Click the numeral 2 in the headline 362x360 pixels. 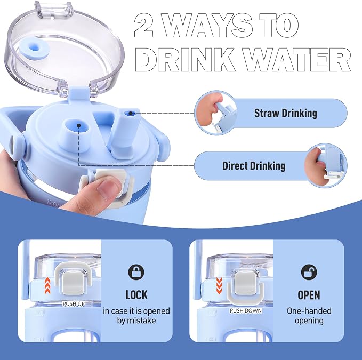[x=144, y=25]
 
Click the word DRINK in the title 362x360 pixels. [x=184, y=60]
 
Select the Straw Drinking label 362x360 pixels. [x=286, y=113]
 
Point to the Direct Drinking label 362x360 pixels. [x=254, y=166]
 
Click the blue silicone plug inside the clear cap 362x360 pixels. [x=33, y=49]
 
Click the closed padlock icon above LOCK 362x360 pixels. [x=136, y=273]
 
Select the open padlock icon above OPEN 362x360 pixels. [x=309, y=272]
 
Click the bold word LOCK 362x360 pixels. [x=136, y=295]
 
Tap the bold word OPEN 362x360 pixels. [x=309, y=295]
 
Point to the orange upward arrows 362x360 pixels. [x=47, y=286]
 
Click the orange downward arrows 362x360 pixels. [x=219, y=286]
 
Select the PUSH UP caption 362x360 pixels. [x=74, y=304]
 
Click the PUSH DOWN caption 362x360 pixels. [x=246, y=310]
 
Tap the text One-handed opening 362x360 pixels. [x=309, y=316]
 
